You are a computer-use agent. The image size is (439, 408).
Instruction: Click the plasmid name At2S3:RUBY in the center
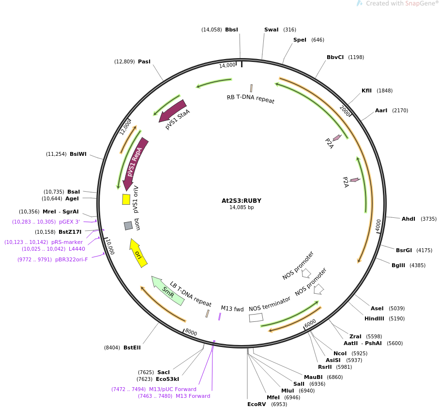[241, 200]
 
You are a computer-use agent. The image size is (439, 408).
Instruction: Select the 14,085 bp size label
[241, 208]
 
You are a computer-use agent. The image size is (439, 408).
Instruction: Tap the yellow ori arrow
[138, 253]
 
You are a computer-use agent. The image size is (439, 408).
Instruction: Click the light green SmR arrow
[167, 291]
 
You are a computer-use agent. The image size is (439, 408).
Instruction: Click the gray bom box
[128, 226]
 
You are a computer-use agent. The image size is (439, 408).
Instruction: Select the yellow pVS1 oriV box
[126, 199]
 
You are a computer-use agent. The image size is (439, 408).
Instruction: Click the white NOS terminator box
[256, 317]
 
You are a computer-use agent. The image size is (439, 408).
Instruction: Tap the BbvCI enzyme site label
[335, 57]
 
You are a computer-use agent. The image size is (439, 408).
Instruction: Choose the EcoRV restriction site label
[257, 404]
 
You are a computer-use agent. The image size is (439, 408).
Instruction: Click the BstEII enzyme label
[132, 348]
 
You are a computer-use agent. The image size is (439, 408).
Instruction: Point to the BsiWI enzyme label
[78, 154]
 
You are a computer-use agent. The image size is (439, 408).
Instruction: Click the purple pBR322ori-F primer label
[72, 259]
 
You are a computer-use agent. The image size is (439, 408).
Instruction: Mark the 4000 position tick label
[378, 225]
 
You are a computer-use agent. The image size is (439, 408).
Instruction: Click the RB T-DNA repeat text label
[250, 99]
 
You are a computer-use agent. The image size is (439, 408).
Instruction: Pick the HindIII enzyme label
[374, 318]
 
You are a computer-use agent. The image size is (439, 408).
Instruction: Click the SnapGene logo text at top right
[402, 4]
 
